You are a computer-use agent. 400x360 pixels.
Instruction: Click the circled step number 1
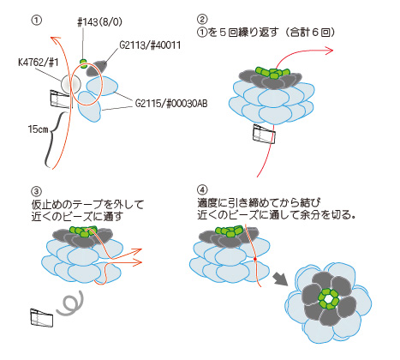[36, 21]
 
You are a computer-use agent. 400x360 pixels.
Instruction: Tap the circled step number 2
[202, 19]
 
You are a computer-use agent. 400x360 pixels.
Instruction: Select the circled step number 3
[36, 191]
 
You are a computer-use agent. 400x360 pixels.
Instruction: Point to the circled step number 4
[202, 189]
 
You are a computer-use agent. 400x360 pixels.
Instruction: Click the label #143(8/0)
[99, 22]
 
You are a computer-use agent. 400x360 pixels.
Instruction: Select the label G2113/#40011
[150, 45]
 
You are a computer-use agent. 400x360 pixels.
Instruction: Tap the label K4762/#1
[39, 63]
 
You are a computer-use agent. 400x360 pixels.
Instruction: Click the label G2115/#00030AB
[171, 103]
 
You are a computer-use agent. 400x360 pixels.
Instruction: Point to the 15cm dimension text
[39, 129]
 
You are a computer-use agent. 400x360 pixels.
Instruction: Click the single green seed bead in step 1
[83, 63]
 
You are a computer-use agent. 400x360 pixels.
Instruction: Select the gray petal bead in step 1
[96, 69]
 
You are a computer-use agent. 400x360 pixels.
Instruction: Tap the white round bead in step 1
[71, 84]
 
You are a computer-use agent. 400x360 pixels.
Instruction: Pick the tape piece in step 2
[264, 134]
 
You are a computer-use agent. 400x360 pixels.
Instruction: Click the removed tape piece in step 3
[42, 317]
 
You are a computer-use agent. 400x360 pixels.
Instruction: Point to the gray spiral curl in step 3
[70, 303]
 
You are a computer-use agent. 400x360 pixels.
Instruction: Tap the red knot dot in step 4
[255, 259]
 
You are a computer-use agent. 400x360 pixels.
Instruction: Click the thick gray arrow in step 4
[280, 279]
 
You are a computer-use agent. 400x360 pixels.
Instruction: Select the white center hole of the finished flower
[329, 299]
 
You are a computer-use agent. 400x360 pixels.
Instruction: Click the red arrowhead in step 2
[329, 51]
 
